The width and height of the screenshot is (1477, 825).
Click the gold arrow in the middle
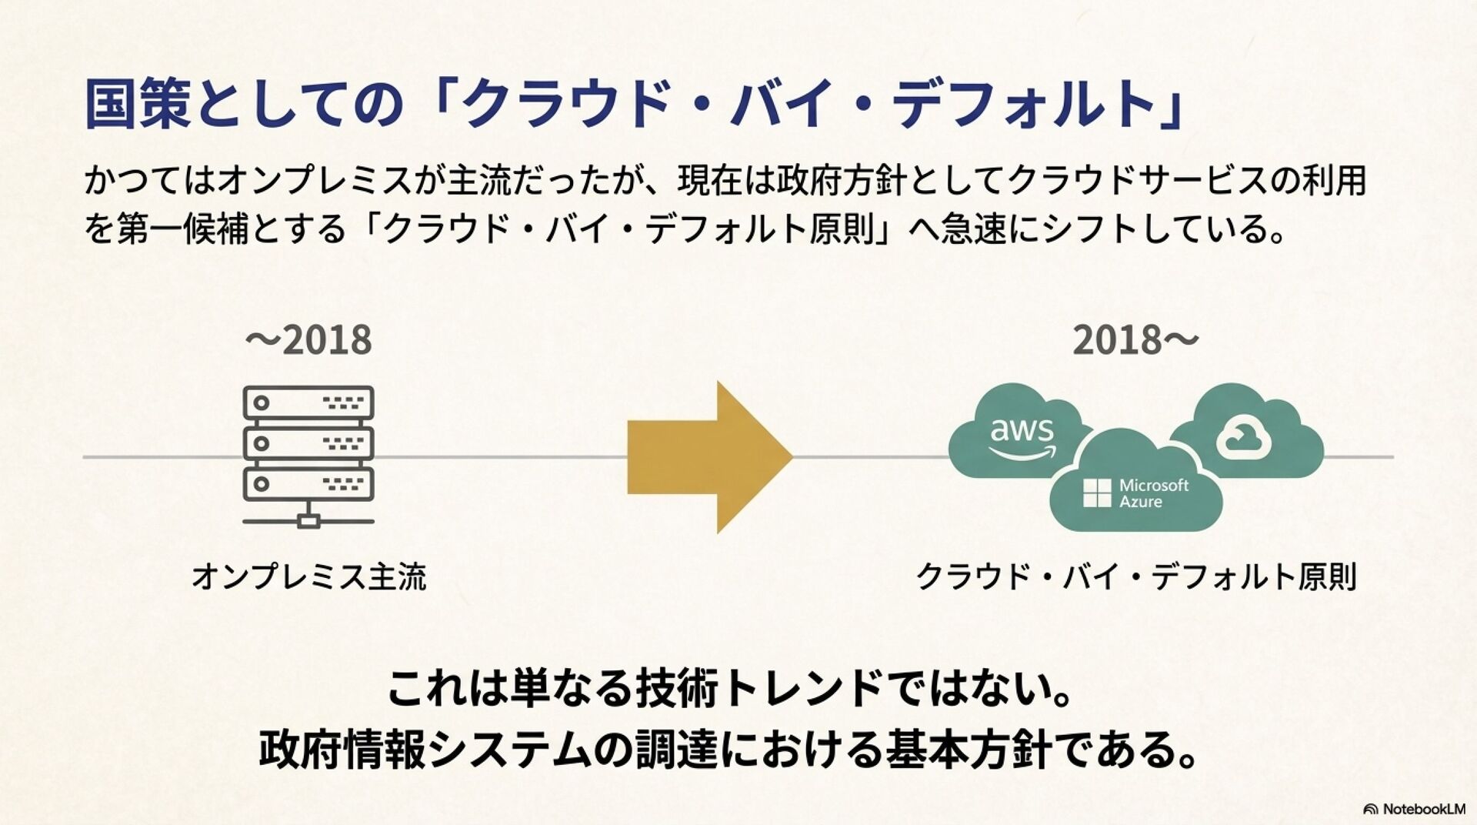pos(708,456)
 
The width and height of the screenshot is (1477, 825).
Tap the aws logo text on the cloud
pos(1022,431)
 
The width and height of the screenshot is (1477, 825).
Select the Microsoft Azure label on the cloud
pos(1153,493)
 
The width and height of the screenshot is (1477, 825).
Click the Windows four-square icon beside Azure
pos(1096,493)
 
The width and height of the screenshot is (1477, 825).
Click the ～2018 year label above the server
pos(308,340)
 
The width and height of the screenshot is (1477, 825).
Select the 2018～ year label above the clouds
pos(1135,340)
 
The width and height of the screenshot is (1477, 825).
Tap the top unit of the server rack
pos(308,402)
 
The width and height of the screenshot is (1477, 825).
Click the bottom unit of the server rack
pos(308,484)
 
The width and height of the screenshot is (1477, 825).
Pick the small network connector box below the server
pos(308,522)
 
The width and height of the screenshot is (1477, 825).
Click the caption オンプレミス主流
pos(308,576)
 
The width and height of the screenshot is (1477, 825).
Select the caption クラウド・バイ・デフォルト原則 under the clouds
pos(1135,576)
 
